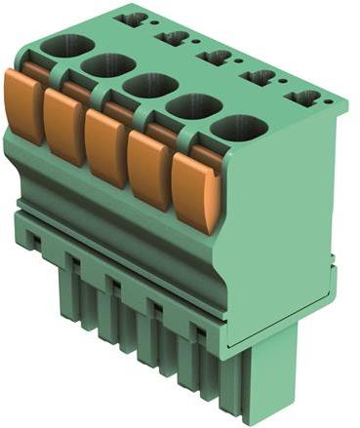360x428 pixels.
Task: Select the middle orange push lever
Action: click(105, 149)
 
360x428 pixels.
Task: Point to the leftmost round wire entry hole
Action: click(66, 45)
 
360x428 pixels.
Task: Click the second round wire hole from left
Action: click(107, 65)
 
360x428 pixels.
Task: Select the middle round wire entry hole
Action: click(149, 85)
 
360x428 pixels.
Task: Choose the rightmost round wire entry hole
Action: click(239, 127)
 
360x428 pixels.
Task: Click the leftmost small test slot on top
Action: click(130, 19)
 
